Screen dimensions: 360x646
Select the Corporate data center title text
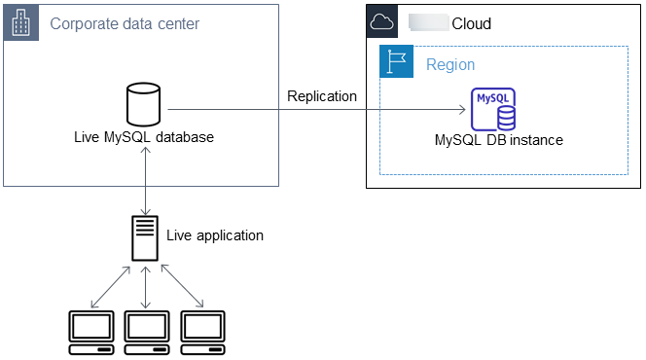[124, 23]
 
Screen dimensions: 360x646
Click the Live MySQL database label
[144, 137]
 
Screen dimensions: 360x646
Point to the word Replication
[321, 95]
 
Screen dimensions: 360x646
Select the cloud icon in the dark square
[381, 22]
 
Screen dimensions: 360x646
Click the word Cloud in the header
[472, 23]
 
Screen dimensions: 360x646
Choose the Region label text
[450, 65]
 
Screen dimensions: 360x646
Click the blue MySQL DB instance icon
[494, 109]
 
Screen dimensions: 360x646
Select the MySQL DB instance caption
[499, 140]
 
